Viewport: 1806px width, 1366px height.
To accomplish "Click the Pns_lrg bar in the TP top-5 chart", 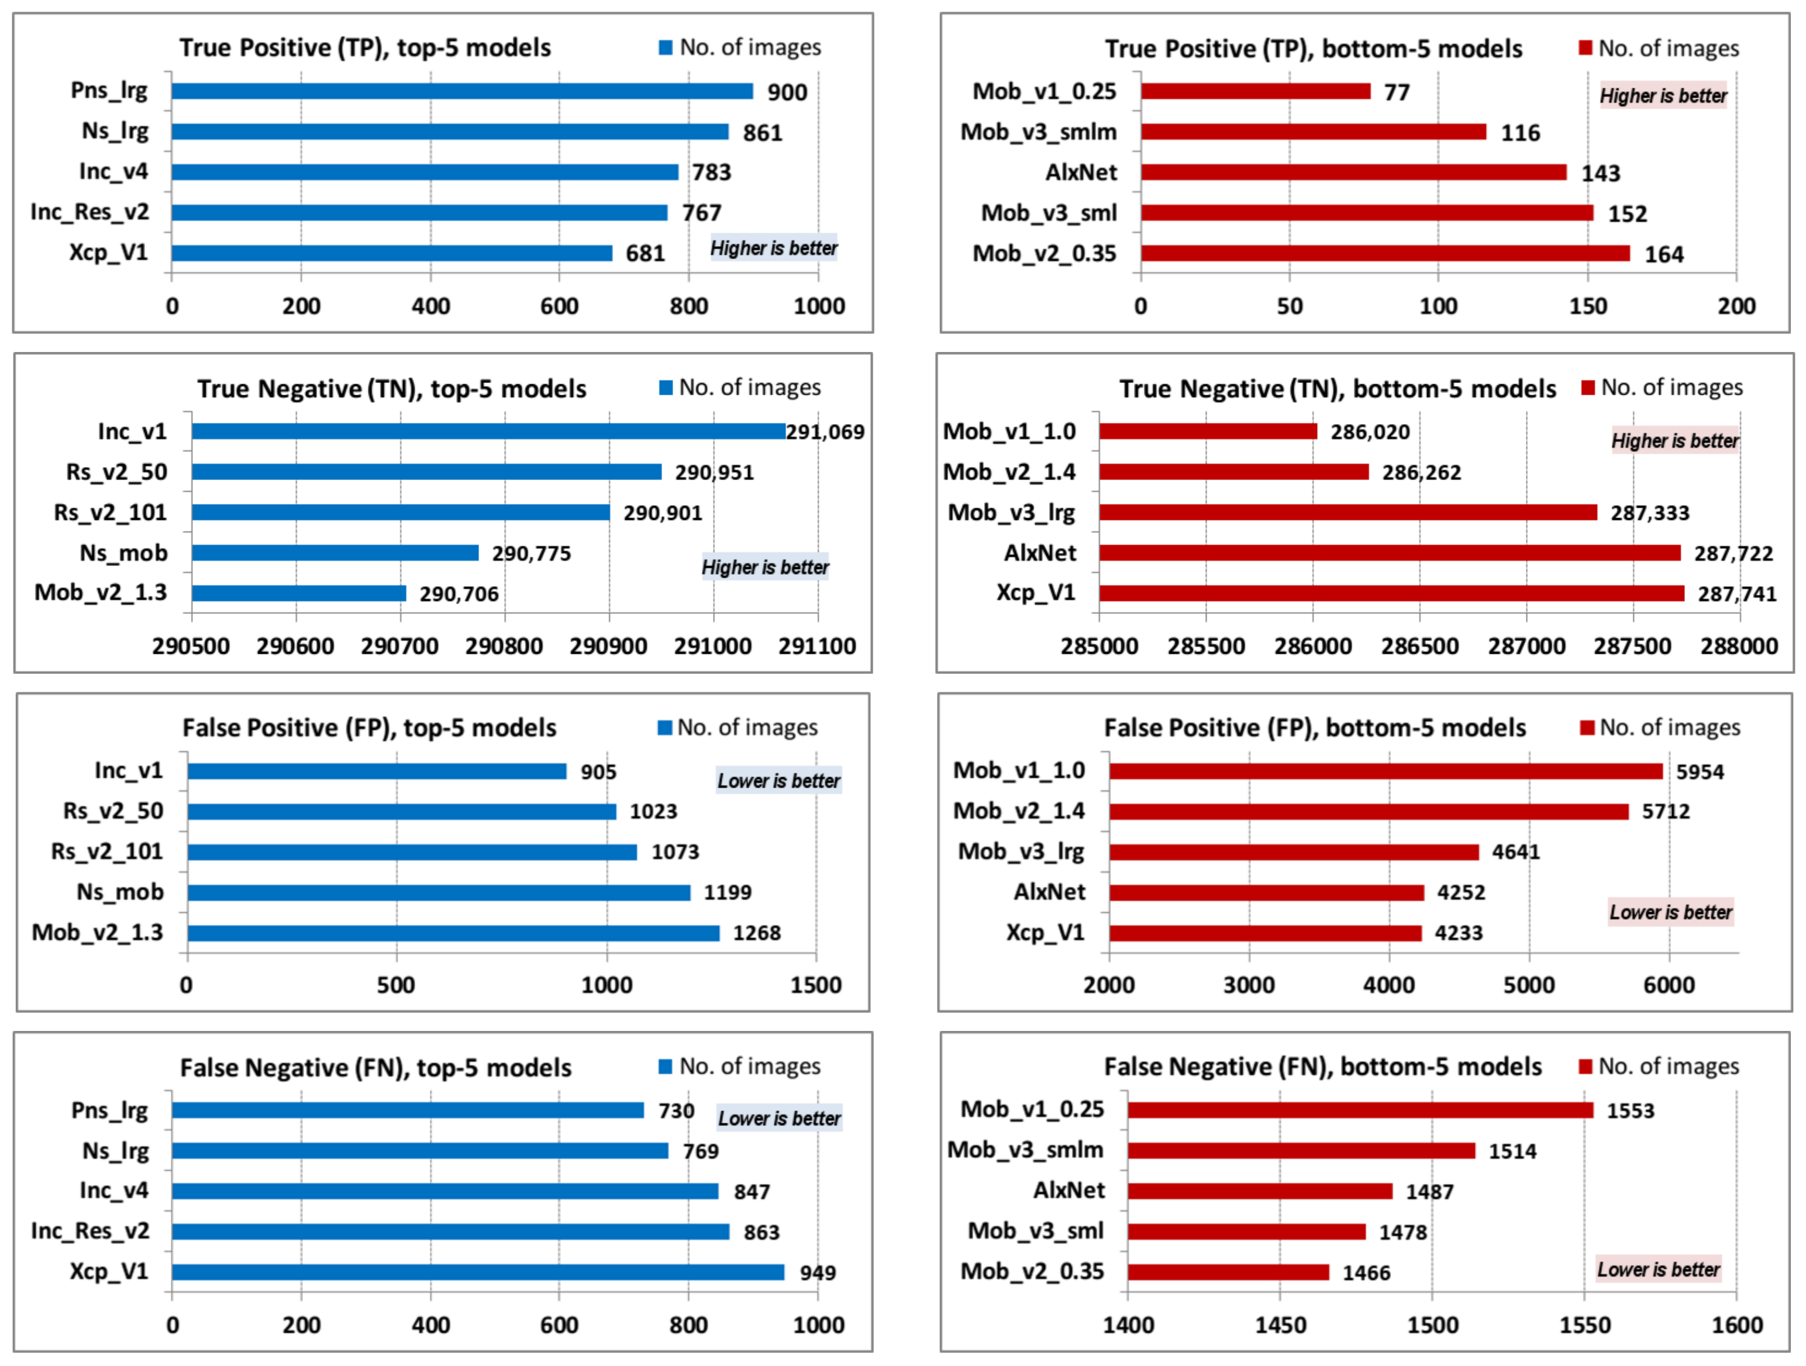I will pos(461,91).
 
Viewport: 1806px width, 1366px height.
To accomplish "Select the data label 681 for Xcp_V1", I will pos(645,253).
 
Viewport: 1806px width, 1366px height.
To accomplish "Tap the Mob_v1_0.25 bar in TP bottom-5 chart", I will pos(1255,91).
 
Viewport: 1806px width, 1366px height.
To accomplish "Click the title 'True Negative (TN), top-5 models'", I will pos(391,389).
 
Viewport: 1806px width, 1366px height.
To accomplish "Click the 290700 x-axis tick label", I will pos(399,646).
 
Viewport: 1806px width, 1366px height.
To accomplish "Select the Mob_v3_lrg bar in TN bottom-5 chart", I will pos(1347,512).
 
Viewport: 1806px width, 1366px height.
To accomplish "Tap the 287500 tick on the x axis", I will pos(1632,646).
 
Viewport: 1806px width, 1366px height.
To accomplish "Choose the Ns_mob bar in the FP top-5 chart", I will pos(439,892).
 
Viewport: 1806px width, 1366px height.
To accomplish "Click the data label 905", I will pos(598,771).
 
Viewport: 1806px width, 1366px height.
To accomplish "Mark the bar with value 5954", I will pos(1385,771).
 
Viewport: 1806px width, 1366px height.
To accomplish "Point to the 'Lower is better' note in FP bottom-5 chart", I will pos(1670,912).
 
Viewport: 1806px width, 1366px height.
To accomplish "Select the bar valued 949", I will pos(478,1271).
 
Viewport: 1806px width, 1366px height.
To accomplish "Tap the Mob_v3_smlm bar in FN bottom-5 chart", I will pos(1301,1150).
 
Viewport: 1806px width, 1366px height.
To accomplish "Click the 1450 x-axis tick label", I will pos(1280,1324).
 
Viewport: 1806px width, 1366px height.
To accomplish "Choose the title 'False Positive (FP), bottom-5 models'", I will pos(1315,727).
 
